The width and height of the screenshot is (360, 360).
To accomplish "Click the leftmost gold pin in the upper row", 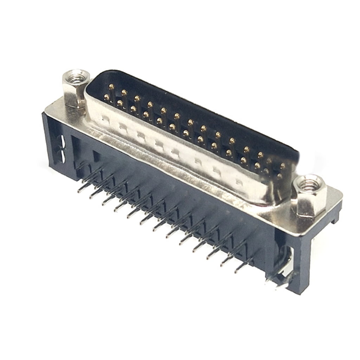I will point(111,86).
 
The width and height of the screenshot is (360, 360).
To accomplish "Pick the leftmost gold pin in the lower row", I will point(107,97).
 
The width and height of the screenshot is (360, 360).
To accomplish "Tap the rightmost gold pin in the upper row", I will point(283,165).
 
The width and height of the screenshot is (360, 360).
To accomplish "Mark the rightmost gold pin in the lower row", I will point(280,176).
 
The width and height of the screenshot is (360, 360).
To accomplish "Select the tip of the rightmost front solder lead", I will point(236,271).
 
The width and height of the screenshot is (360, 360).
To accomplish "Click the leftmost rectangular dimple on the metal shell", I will point(104,118).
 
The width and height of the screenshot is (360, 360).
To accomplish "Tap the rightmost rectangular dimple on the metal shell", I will point(239,182).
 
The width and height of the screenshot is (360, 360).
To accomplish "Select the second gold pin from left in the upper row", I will point(124,92).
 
